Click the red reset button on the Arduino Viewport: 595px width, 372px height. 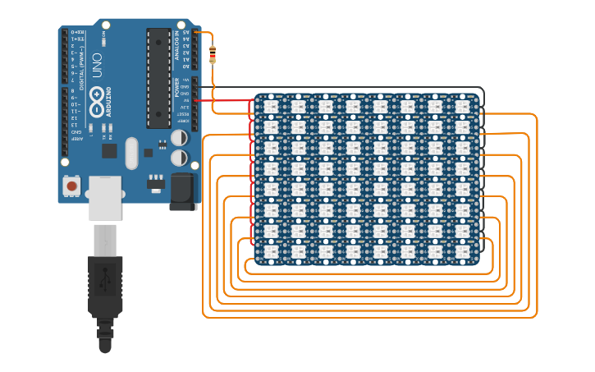[72, 186]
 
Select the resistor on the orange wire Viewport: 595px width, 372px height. [213, 55]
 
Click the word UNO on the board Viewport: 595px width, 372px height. [97, 70]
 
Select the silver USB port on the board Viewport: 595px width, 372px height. [105, 197]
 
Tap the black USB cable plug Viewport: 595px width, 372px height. [105, 287]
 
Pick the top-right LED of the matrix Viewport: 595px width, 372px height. [462, 107]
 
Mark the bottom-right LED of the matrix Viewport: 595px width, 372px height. [462, 251]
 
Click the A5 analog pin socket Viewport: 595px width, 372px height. [186, 33]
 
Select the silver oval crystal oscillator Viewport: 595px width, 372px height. [131, 153]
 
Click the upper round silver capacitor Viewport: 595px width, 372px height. [178, 139]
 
